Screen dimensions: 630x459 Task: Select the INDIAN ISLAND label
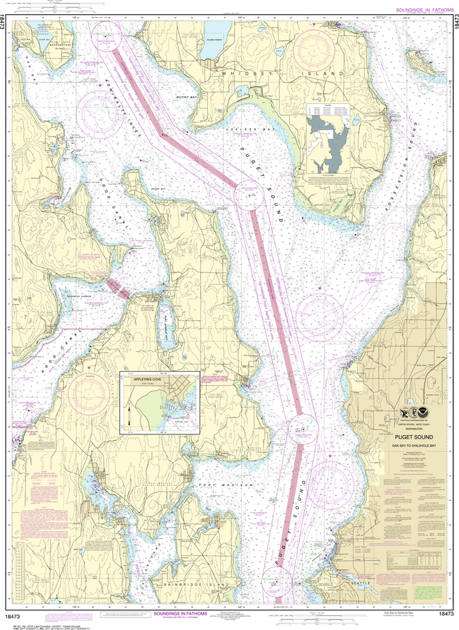coord(26,41)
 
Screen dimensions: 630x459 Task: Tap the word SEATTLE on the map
coord(361,581)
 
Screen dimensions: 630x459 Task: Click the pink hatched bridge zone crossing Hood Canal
coord(118,288)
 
